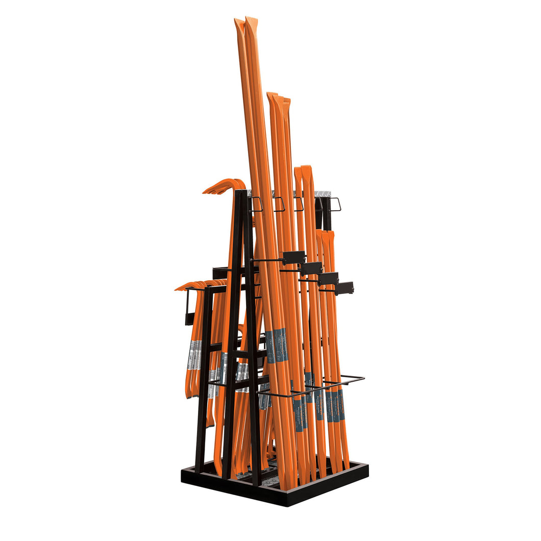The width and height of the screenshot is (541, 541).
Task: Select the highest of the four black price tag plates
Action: point(293,257)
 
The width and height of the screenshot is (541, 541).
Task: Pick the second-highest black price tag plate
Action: point(311,268)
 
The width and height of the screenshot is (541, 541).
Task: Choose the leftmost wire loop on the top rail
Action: point(256,204)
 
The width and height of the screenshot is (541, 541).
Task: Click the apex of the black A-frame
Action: point(244,194)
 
